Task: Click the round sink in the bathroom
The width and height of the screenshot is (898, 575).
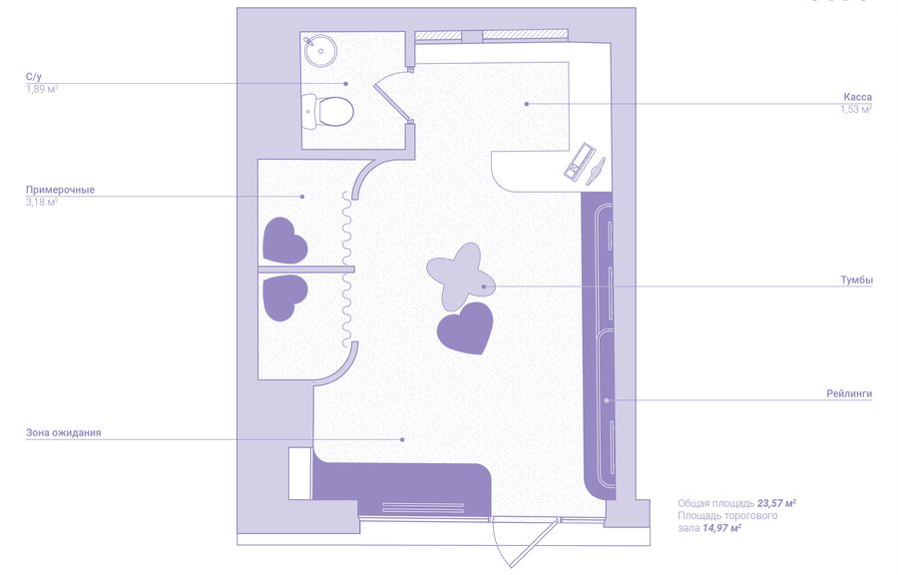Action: tap(320, 50)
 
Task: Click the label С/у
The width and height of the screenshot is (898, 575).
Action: tap(34, 77)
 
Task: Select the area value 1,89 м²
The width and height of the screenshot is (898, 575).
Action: tap(42, 89)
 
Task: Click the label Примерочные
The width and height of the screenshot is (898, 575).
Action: tap(60, 190)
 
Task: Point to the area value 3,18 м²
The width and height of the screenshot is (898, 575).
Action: tap(42, 203)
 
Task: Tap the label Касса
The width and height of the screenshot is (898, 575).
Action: tap(857, 97)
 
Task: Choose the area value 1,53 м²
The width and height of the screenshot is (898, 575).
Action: tap(856, 110)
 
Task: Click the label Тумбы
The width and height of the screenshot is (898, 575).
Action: tap(857, 281)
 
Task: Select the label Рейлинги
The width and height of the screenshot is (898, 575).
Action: tap(849, 393)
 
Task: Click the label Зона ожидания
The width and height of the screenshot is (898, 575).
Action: tap(64, 433)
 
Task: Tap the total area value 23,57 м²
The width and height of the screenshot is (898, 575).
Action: tap(776, 504)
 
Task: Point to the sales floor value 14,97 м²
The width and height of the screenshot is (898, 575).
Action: tap(721, 528)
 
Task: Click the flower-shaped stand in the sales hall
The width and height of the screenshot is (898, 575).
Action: tap(461, 277)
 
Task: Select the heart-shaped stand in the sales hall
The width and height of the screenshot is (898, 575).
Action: tap(466, 327)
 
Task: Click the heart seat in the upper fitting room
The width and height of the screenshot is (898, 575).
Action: tap(284, 241)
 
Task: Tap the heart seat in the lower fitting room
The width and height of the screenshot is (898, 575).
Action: tap(284, 297)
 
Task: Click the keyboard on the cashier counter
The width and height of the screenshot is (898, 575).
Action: tap(580, 162)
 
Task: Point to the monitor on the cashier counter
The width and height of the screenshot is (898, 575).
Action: tap(596, 171)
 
